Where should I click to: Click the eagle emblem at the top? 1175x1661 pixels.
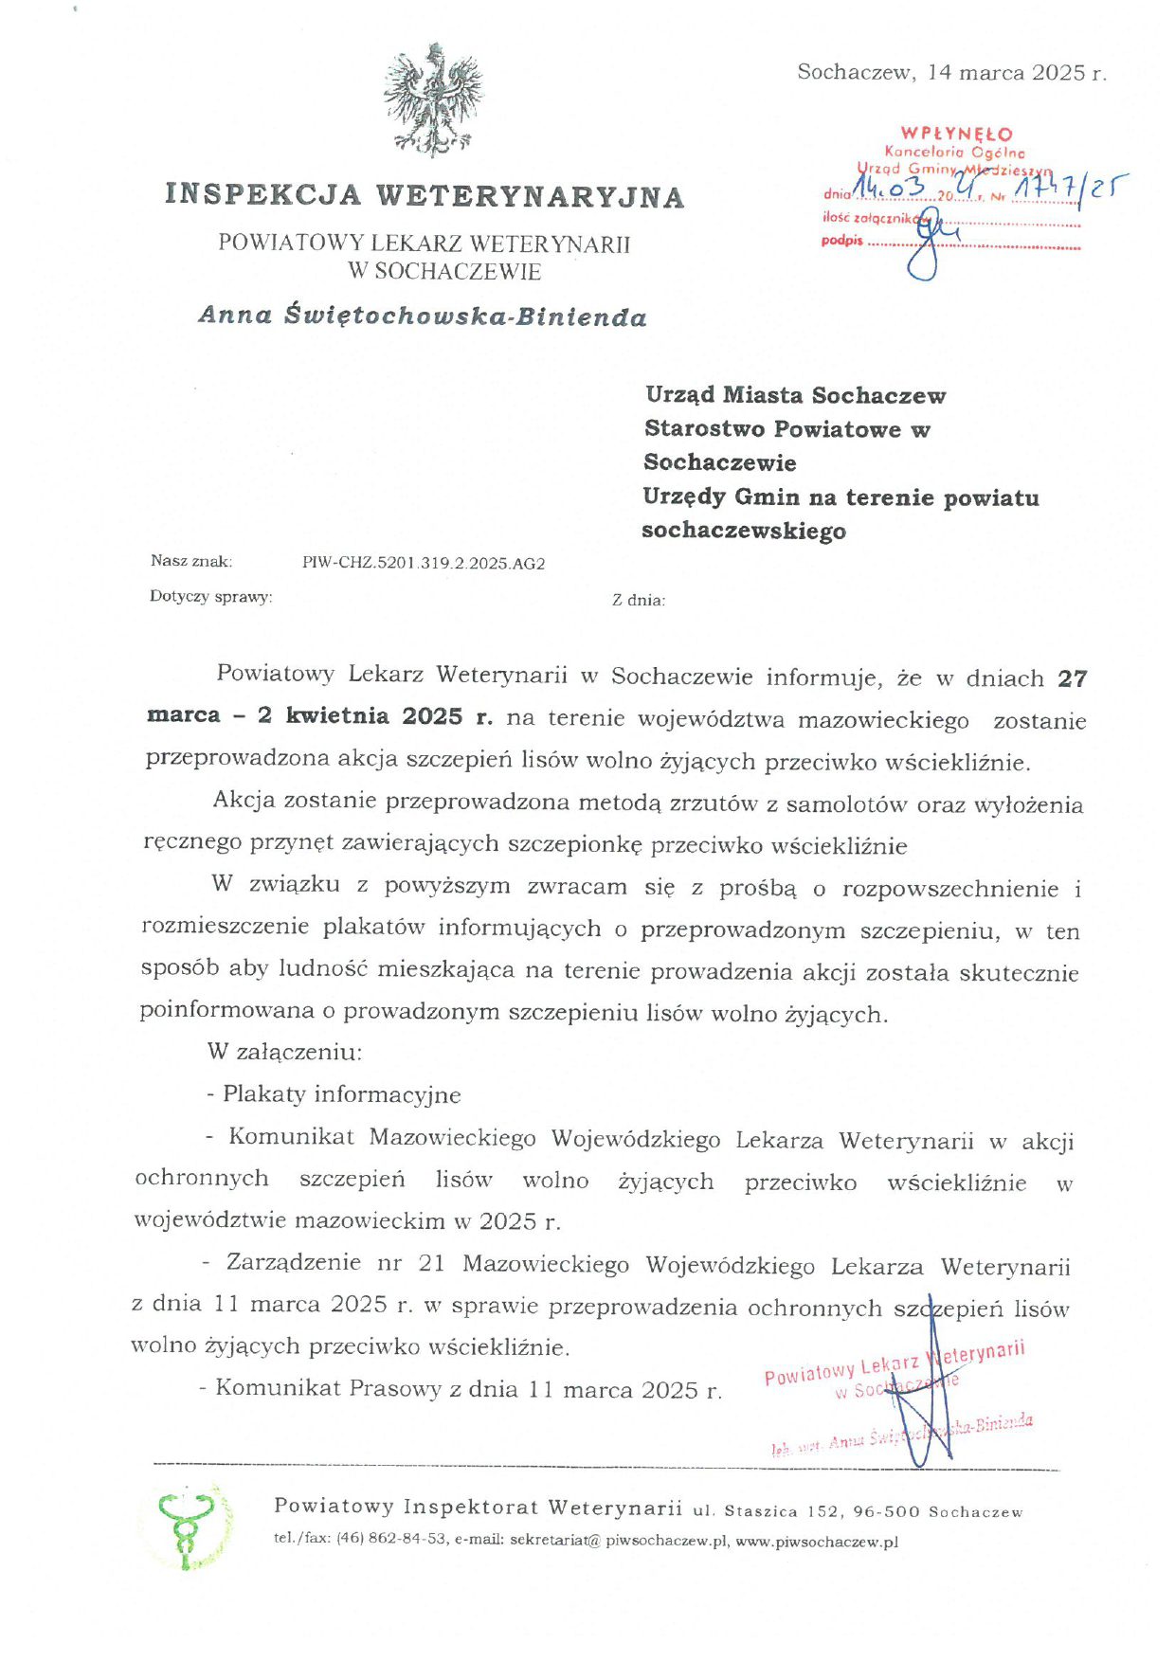(433, 99)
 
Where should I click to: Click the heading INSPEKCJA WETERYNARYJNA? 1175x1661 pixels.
(425, 195)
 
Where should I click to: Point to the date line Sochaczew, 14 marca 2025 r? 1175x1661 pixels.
(951, 73)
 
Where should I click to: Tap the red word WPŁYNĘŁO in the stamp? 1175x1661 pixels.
(956, 134)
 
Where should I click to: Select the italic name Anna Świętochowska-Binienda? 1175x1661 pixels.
(423, 316)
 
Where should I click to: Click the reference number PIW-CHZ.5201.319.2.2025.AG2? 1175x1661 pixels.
(424, 564)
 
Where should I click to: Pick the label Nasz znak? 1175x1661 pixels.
(190, 561)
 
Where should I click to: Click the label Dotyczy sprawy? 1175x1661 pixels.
(210, 597)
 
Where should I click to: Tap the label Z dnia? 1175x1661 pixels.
(639, 600)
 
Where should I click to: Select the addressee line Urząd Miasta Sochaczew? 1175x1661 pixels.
(795, 395)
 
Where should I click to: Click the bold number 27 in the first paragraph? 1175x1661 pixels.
(1072, 678)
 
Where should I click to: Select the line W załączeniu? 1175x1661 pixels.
(284, 1053)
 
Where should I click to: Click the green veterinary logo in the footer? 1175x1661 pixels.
(189, 1526)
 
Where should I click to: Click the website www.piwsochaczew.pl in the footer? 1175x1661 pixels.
(816, 1542)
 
